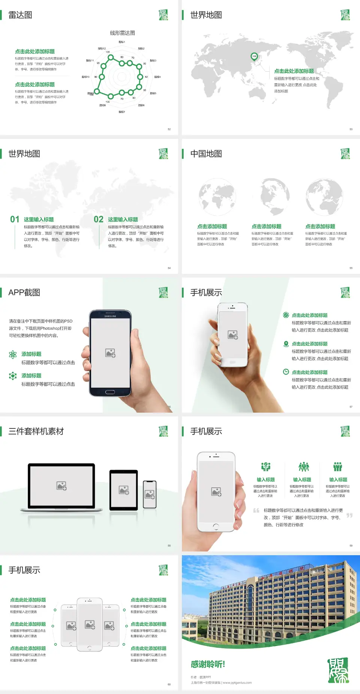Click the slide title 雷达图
[x=20, y=15]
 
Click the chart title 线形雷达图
[x=122, y=33]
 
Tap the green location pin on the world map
[x=254, y=57]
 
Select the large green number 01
[x=15, y=219]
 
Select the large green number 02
[x=99, y=219]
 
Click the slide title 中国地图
[x=206, y=154]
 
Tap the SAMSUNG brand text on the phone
[x=110, y=316]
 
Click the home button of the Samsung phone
[x=110, y=392]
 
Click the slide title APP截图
[x=24, y=293]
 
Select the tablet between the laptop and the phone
[x=124, y=490]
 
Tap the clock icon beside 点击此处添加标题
[x=286, y=372]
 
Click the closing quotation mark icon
[x=349, y=515]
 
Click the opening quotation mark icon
[x=256, y=511]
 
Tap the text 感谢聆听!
[x=208, y=664]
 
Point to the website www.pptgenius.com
[x=237, y=683]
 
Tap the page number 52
[x=169, y=129]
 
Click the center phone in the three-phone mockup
[x=90, y=625]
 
